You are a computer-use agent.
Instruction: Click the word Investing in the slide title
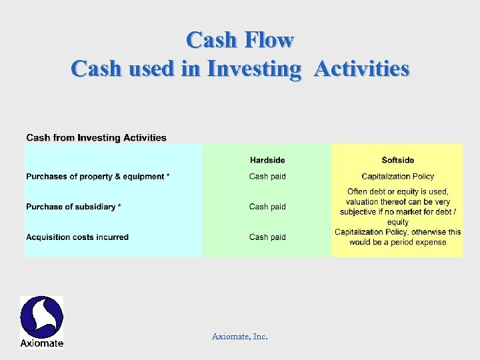pyautogui.click(x=254, y=69)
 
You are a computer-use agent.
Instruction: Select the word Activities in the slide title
pyautogui.click(x=361, y=68)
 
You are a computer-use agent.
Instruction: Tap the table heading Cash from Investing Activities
pyautogui.click(x=96, y=138)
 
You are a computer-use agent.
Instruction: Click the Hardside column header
pyautogui.click(x=267, y=160)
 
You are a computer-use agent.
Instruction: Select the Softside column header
pyautogui.click(x=397, y=160)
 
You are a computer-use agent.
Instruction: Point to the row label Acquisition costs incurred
pyautogui.click(x=77, y=237)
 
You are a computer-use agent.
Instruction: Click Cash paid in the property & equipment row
pyautogui.click(x=267, y=177)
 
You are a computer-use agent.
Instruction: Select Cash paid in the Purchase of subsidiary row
pyautogui.click(x=267, y=207)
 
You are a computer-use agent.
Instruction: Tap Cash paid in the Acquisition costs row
pyautogui.click(x=267, y=237)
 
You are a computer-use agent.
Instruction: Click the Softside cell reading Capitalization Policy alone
pyautogui.click(x=397, y=177)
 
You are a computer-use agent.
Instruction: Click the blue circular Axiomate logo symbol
pyautogui.click(x=41, y=317)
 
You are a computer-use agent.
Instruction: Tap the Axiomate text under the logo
pyautogui.click(x=41, y=343)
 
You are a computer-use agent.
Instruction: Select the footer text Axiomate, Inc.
pyautogui.click(x=239, y=337)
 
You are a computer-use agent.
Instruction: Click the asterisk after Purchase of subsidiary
pyautogui.click(x=119, y=207)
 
